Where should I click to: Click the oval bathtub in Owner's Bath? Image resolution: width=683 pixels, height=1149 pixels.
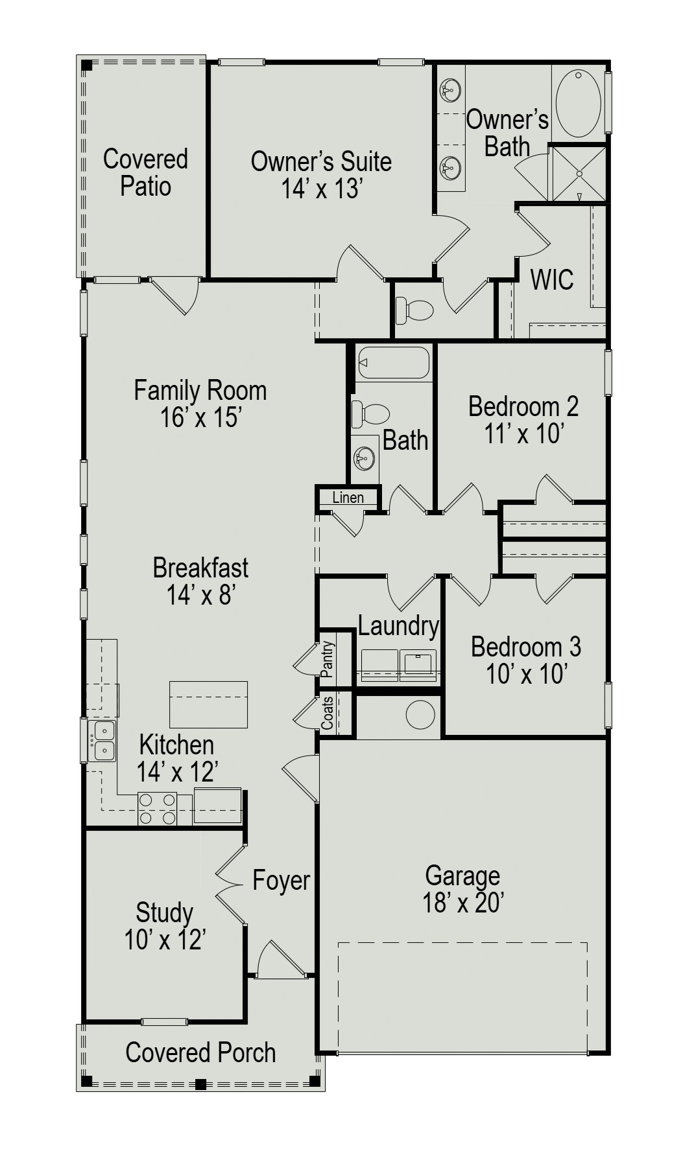(x=579, y=103)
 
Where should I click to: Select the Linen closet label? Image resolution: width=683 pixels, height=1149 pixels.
(x=348, y=498)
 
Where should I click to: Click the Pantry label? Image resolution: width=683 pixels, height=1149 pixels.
(x=328, y=659)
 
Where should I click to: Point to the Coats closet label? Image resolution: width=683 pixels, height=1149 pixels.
(x=328, y=712)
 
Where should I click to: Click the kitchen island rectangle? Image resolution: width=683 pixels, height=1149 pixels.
(x=208, y=704)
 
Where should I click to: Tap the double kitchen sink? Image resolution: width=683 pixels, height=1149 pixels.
(x=102, y=741)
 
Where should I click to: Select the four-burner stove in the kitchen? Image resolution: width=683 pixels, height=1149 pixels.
(x=157, y=809)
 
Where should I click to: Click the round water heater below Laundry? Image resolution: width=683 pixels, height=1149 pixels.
(x=420, y=715)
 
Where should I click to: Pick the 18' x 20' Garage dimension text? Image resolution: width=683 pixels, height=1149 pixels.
(x=463, y=902)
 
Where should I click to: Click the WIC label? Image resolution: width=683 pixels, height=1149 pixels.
(x=552, y=280)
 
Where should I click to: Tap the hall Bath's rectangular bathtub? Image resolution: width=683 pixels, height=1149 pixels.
(x=394, y=363)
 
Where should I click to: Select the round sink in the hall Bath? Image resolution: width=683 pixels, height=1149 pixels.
(x=364, y=459)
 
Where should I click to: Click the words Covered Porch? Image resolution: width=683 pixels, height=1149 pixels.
(x=200, y=1052)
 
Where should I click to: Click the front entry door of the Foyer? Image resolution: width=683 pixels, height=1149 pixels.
(x=280, y=959)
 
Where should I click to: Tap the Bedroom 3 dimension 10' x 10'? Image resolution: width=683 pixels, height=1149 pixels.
(x=527, y=675)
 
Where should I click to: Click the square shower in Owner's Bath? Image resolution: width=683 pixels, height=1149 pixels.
(x=578, y=174)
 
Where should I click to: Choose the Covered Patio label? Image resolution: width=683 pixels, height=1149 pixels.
(x=145, y=172)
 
